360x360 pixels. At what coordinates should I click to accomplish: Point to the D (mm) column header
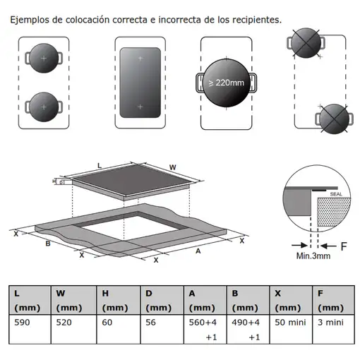[159, 299]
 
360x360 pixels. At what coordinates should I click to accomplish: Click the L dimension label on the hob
[99, 165]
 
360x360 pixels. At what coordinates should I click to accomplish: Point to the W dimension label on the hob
[172, 167]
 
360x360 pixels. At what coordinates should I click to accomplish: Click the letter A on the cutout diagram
[198, 249]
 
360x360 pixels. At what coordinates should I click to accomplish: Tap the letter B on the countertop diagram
[47, 244]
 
